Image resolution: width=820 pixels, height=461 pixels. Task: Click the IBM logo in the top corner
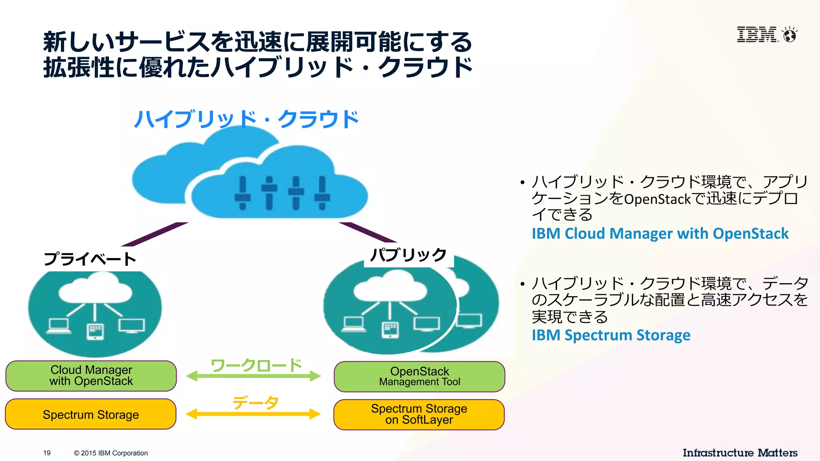click(x=757, y=35)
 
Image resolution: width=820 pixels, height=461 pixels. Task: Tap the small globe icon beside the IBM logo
click(x=790, y=35)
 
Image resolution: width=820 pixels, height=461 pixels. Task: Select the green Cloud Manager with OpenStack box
click(x=91, y=376)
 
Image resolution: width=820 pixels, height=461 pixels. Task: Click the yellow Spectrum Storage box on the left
click(x=91, y=414)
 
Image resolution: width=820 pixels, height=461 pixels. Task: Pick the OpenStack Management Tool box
click(x=419, y=377)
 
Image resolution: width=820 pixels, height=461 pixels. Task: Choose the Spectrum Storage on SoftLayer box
click(x=419, y=415)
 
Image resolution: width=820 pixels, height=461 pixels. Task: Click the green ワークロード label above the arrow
click(x=256, y=365)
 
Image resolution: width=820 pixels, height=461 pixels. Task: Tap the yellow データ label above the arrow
click(x=255, y=402)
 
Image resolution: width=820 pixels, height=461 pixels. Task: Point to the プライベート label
click(x=90, y=259)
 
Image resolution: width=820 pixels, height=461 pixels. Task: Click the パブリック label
click(x=408, y=255)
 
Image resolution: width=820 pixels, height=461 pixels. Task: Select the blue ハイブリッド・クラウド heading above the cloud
click(x=246, y=119)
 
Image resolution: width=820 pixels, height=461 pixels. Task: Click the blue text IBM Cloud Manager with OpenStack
click(x=660, y=233)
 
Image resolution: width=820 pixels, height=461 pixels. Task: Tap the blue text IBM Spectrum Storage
click(x=611, y=335)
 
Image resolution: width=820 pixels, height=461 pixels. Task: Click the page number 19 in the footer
click(x=47, y=453)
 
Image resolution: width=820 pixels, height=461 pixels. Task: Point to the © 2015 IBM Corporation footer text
click(x=111, y=453)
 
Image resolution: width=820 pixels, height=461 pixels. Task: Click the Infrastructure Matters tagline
click(x=740, y=453)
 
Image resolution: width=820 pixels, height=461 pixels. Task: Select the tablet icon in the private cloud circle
click(x=95, y=331)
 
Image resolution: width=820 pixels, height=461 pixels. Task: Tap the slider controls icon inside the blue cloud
click(x=282, y=193)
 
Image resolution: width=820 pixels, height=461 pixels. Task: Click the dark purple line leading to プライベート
click(x=154, y=235)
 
